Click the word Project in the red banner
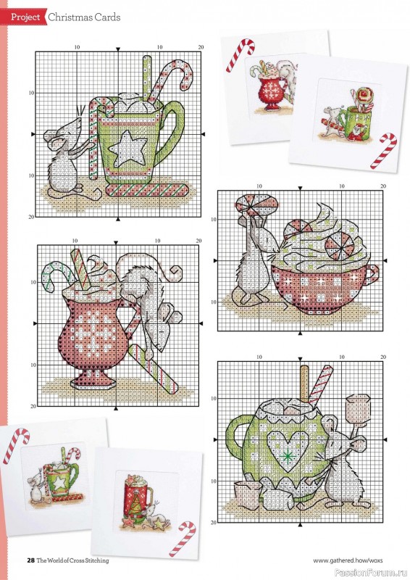coord(25,17)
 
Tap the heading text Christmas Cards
coord(84,17)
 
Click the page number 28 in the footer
coord(30,560)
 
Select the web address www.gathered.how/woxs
coord(348,560)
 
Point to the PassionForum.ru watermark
coord(371,573)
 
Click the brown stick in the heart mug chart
coord(304,385)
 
